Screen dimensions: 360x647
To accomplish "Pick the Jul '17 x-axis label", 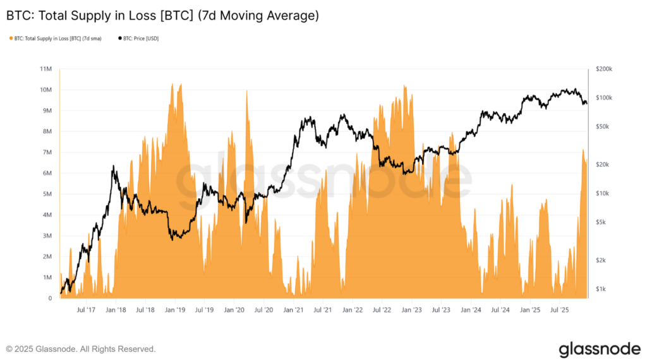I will click(85, 310).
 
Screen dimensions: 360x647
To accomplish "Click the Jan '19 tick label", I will click(174, 310).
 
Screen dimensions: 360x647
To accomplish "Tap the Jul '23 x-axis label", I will click(441, 310).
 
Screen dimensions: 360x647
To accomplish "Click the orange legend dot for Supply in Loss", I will click(11, 39).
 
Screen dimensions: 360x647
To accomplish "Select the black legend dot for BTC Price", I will click(120, 39).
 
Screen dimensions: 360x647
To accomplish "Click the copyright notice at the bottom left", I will click(81, 349).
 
